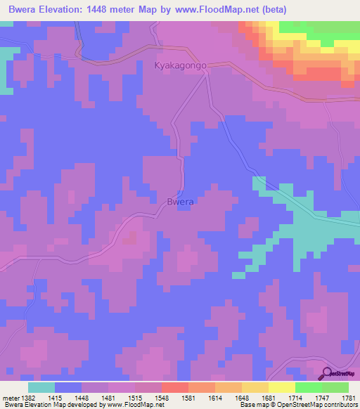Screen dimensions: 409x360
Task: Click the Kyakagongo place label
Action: (x=180, y=65)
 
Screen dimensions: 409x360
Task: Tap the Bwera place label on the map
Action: (x=180, y=202)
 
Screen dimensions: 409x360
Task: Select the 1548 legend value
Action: (x=161, y=397)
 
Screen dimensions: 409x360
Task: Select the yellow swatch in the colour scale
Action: (x=282, y=387)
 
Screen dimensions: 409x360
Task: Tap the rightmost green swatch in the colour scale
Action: (x=335, y=387)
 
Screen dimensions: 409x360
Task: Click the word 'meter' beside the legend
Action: (x=10, y=397)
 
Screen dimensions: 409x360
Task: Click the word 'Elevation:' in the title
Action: (x=67, y=9)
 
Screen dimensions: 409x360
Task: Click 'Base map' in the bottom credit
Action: (x=252, y=405)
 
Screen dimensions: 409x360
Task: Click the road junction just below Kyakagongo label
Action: (x=205, y=76)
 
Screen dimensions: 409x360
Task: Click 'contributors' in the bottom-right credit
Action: (x=341, y=405)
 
